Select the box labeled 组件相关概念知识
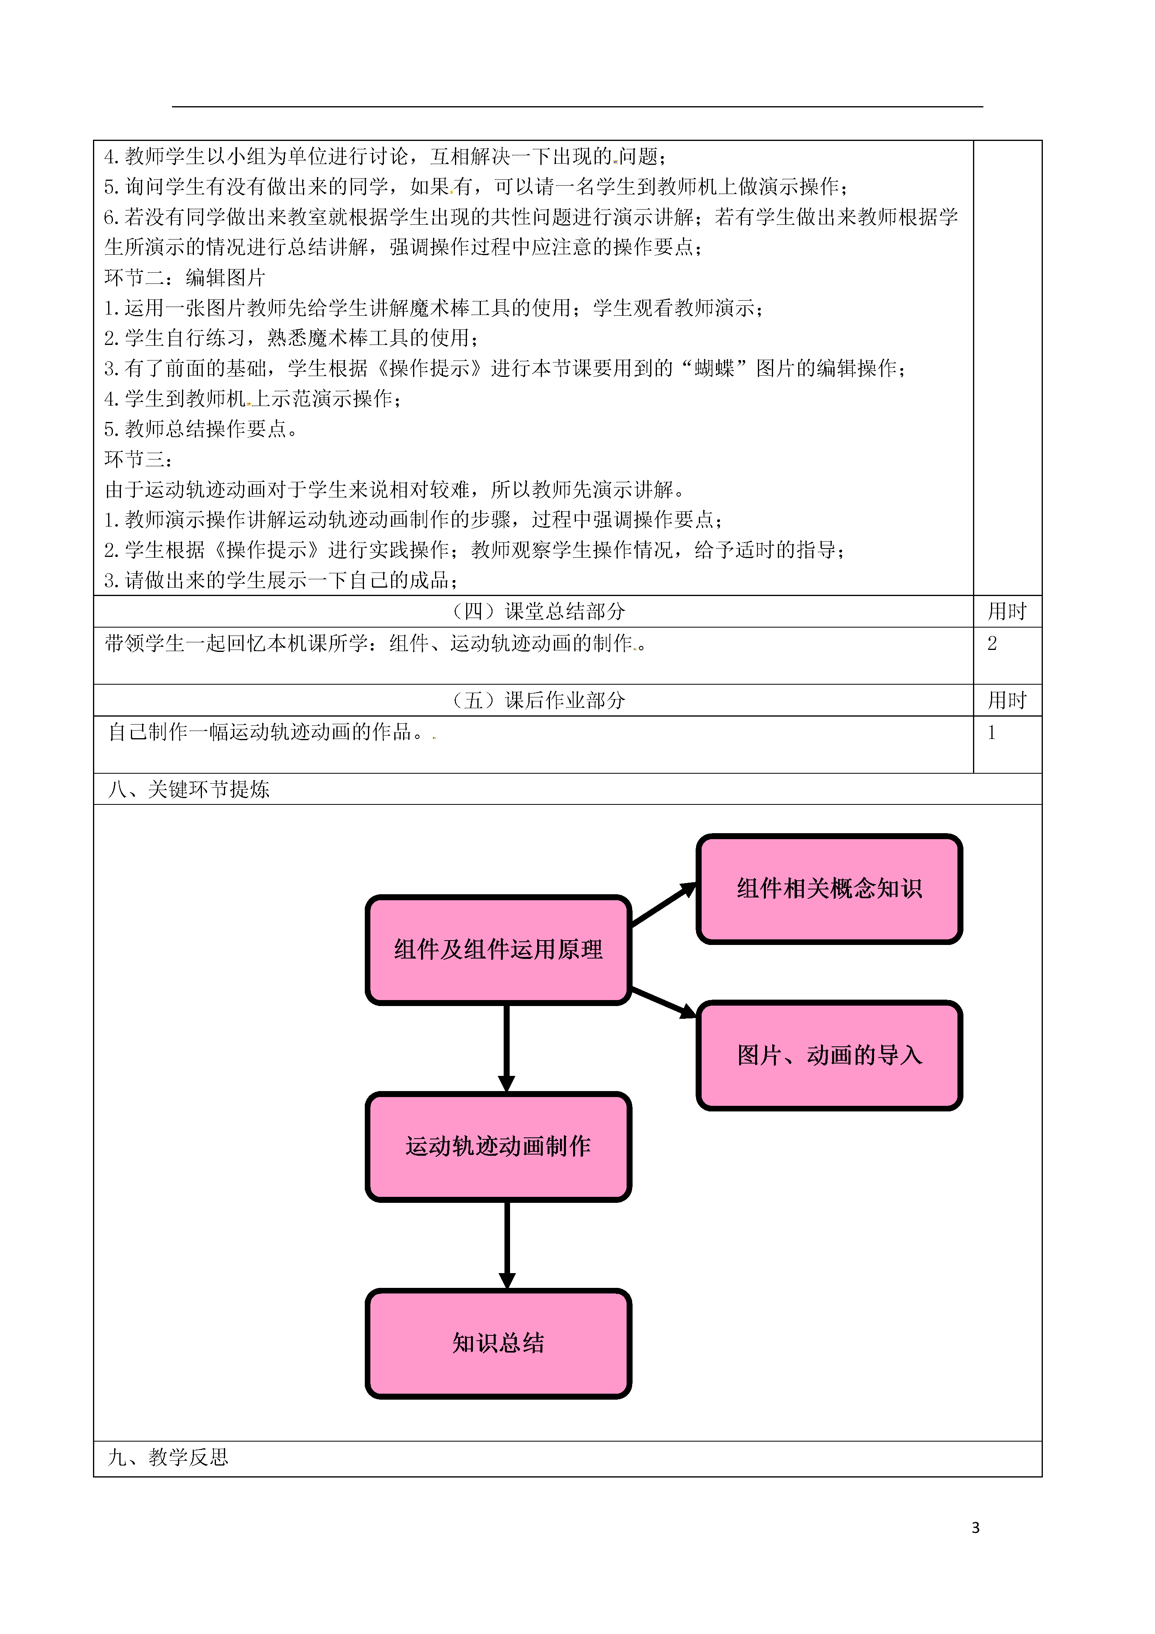[x=829, y=889]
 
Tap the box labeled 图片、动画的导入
[x=829, y=1056]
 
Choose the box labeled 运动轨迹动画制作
[x=498, y=1147]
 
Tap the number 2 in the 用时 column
[x=992, y=644]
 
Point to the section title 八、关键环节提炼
[x=189, y=789]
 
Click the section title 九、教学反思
[x=168, y=1458]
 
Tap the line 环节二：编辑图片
[x=185, y=277]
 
